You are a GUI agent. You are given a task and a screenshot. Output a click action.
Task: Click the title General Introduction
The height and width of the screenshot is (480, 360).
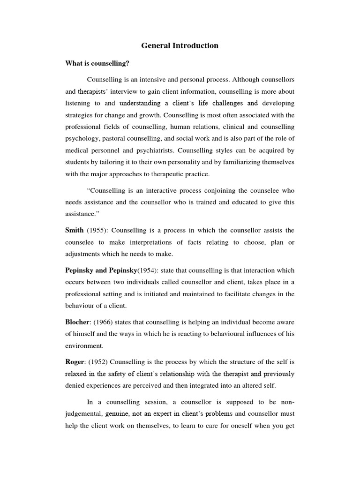180,46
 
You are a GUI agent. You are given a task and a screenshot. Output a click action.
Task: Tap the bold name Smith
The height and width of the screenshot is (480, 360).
74,230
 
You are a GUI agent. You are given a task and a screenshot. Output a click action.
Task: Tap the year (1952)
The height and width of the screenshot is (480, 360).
97,362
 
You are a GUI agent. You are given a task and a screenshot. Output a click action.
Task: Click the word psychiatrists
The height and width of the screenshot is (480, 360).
149,151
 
